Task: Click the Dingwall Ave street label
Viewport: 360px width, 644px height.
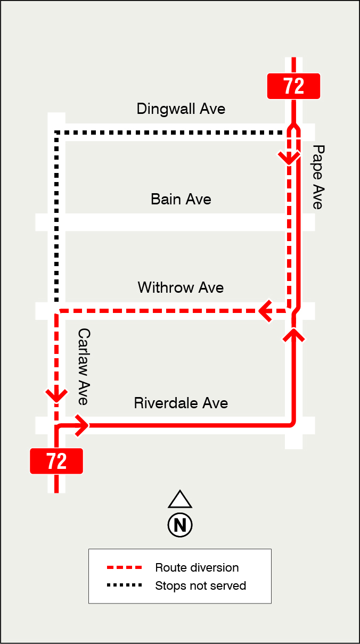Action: (181, 109)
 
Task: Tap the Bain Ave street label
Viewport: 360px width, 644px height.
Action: (181, 200)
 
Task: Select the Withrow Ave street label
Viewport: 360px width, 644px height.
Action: (181, 288)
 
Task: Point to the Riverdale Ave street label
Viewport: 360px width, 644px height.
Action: (181, 403)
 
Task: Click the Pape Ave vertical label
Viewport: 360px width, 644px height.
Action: (318, 177)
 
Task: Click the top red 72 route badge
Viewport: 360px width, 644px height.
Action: (293, 86)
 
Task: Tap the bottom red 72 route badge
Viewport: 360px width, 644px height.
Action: (56, 461)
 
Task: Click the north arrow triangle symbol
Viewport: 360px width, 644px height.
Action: (180, 499)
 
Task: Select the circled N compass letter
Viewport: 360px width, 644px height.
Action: (180, 525)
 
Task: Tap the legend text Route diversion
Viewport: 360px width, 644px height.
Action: (197, 568)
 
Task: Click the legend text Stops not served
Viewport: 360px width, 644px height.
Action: (201, 586)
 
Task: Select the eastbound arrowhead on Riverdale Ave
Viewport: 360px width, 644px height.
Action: (83, 425)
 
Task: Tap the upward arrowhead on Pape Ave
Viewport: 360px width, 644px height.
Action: (293, 335)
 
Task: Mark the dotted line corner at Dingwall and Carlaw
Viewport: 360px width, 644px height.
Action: (56, 132)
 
